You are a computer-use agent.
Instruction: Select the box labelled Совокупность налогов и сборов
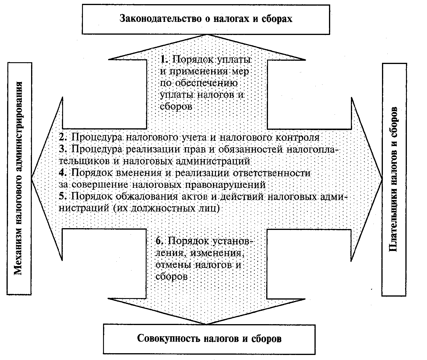coord(209,339)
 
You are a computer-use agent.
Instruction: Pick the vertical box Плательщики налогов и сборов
coord(394,180)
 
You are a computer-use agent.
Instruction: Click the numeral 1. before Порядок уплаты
coord(164,59)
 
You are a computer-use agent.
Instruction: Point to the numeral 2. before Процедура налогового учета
coord(63,137)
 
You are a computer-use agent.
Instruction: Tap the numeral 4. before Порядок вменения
coord(63,173)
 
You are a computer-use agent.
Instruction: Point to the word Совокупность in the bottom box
coord(168,339)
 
